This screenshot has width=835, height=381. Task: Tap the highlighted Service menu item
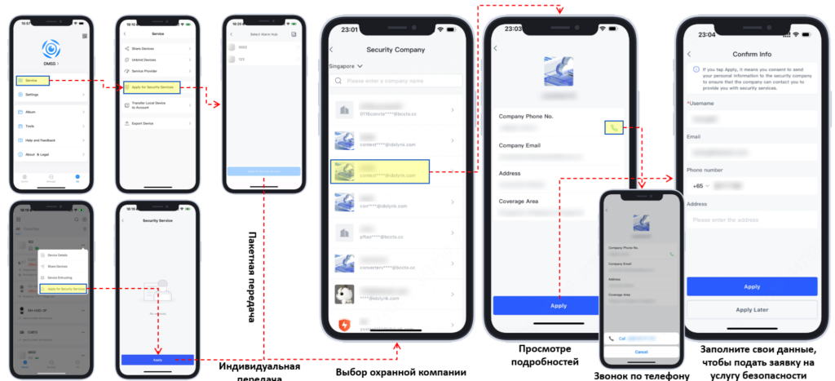tap(32, 79)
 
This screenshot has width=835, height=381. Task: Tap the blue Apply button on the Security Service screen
tap(157, 359)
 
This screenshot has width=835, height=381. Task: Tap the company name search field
tap(400, 81)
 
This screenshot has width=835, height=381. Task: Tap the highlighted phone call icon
tap(614, 126)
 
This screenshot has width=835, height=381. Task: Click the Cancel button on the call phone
tap(641, 352)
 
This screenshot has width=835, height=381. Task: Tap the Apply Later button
tap(751, 310)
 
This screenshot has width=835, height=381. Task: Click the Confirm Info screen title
tap(751, 54)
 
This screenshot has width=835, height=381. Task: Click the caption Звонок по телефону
tap(642, 375)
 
